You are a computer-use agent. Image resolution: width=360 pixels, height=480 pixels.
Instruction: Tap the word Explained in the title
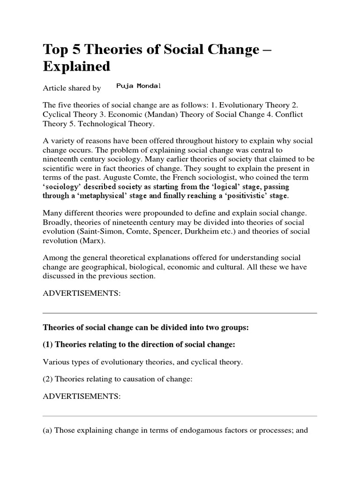[76, 67]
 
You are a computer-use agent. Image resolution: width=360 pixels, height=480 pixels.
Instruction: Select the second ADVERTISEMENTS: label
[82, 396]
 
